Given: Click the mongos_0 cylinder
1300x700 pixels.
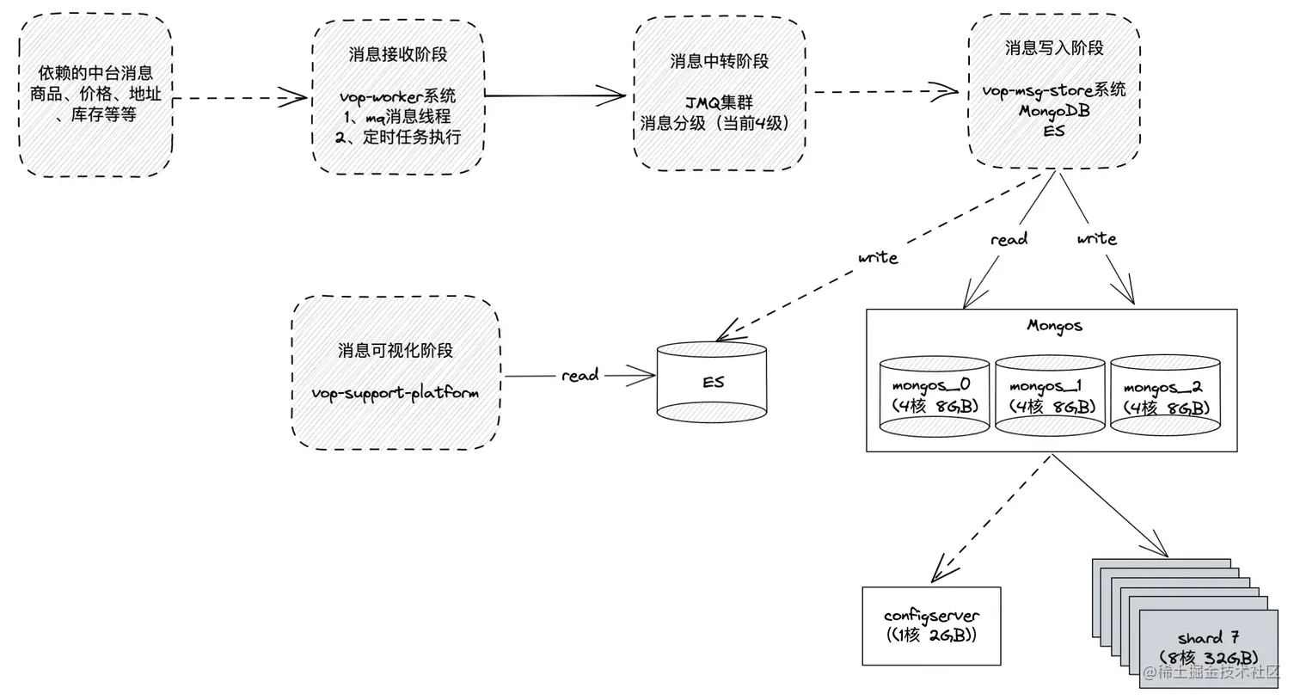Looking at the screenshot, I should [934, 396].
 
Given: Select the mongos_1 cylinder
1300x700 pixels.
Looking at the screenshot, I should [1050, 396].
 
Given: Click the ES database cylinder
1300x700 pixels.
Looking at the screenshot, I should [712, 382].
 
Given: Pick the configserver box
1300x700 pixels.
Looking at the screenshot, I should [931, 626].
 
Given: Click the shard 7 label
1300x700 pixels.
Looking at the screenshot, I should [1208, 638].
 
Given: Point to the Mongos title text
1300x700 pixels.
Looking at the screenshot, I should [1054, 326].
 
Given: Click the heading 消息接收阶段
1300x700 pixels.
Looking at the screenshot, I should [398, 55].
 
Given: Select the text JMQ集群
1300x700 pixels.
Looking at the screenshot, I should [719, 103].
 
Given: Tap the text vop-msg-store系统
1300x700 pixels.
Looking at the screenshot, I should [1054, 90].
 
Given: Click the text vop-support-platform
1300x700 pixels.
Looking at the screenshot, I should [396, 393].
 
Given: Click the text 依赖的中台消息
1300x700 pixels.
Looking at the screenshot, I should [95, 74].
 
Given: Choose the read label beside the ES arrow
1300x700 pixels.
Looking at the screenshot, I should [579, 376].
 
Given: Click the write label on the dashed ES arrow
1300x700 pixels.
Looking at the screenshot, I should [878, 258].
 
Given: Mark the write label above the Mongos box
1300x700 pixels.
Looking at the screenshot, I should [1097, 239].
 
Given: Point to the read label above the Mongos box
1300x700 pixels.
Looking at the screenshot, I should [1009, 240].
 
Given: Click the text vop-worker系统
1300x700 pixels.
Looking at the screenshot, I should [397, 96].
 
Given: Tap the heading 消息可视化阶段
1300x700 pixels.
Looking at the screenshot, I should [396, 351].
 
